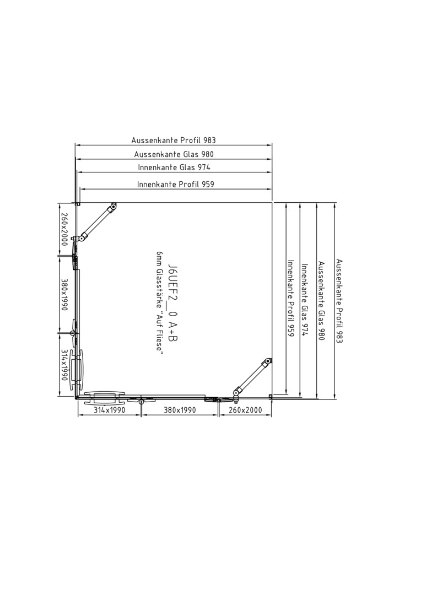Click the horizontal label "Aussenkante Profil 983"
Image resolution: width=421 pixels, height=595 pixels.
click(x=174, y=140)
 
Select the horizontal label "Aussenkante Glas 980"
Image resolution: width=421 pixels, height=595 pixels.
click(x=174, y=154)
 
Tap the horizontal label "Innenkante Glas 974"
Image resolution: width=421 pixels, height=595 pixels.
click(x=174, y=167)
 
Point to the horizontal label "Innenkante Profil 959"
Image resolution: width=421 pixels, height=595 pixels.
click(x=176, y=185)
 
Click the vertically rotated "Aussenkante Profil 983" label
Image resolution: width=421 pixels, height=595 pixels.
click(x=339, y=301)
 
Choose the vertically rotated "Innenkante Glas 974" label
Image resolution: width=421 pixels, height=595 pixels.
click(x=305, y=300)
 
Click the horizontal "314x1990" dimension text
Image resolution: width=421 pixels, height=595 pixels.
click(x=109, y=410)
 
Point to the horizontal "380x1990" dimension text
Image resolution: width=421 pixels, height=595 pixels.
click(x=180, y=410)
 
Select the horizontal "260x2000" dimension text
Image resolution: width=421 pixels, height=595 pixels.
click(x=245, y=410)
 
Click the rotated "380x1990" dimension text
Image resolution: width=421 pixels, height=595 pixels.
click(x=64, y=294)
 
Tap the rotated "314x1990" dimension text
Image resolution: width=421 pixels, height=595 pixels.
click(x=64, y=365)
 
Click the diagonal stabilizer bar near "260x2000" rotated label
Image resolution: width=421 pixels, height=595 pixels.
click(x=96, y=222)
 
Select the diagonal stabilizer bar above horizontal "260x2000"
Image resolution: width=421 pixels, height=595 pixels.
click(x=252, y=377)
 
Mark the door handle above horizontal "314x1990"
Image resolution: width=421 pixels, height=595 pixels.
click(x=104, y=397)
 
